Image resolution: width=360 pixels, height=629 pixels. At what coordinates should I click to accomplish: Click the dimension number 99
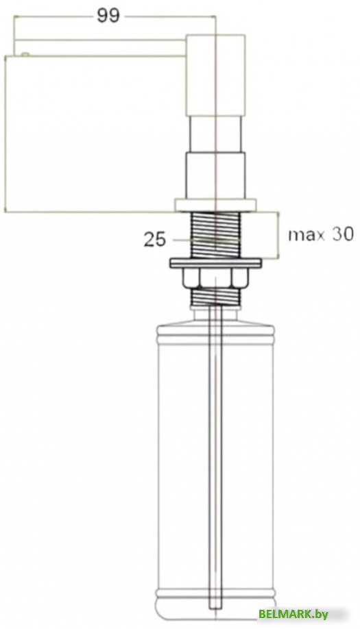(x=108, y=16)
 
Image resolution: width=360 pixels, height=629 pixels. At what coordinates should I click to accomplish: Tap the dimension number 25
(x=154, y=240)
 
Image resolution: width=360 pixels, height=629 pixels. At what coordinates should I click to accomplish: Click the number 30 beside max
(x=342, y=234)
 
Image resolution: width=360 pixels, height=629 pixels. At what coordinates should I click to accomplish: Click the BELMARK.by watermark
(x=293, y=614)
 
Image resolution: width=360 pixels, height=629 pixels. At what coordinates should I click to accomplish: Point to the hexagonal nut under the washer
(x=215, y=278)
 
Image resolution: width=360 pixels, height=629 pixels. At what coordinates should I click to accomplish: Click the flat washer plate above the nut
(x=215, y=263)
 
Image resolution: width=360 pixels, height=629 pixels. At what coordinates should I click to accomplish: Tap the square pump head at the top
(x=215, y=75)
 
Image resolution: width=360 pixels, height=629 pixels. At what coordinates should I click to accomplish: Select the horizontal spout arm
(x=100, y=48)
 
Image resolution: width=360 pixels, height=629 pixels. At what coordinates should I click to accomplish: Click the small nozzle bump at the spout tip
(x=25, y=54)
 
